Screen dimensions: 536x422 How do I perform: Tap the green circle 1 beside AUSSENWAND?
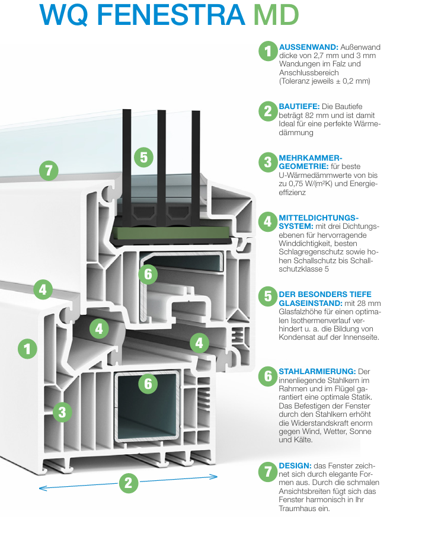click(268, 51)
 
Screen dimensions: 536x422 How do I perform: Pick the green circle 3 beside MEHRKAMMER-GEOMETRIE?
click(268, 162)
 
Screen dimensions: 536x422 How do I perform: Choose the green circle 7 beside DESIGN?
click(268, 471)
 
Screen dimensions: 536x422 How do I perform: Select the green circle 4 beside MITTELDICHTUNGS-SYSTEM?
click(268, 222)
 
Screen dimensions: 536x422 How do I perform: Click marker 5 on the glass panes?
click(143, 157)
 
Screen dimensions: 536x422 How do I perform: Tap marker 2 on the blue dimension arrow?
click(128, 483)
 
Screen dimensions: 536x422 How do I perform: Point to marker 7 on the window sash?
click(49, 171)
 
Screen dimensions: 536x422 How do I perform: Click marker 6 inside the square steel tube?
click(148, 384)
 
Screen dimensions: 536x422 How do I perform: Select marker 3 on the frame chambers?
click(62, 411)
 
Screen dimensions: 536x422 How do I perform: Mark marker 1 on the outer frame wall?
click(27, 348)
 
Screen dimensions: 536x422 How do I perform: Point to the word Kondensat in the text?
click(298, 337)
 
